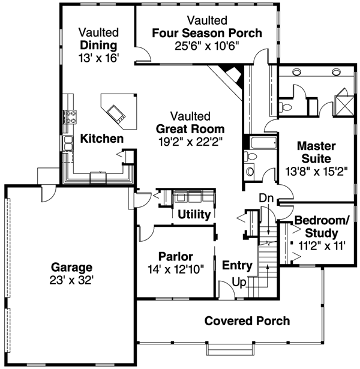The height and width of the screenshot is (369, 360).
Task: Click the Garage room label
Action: pyautogui.click(x=72, y=267)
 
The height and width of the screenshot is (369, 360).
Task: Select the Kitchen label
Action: pyautogui.click(x=102, y=139)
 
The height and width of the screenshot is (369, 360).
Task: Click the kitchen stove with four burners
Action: pyautogui.click(x=70, y=115)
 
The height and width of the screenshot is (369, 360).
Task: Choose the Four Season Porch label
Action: pyautogui.click(x=207, y=33)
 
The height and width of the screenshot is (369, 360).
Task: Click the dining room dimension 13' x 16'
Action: pyautogui.click(x=99, y=58)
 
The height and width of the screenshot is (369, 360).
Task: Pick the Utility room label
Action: pyautogui.click(x=194, y=214)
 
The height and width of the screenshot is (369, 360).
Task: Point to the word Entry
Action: pyautogui.click(x=236, y=265)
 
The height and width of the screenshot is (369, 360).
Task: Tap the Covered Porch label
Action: pyautogui.click(x=247, y=321)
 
